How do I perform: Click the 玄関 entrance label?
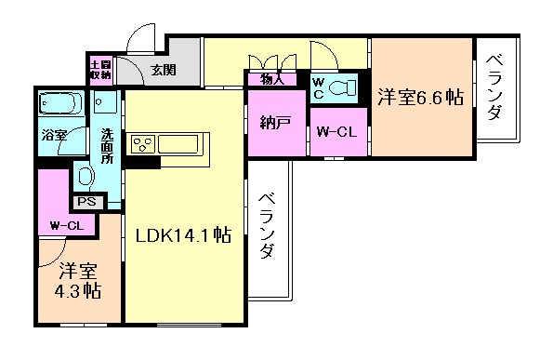click(x=164, y=68)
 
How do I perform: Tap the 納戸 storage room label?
click(x=276, y=122)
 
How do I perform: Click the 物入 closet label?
click(x=273, y=80)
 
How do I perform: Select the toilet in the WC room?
click(x=343, y=88)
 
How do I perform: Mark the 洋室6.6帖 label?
click(x=420, y=95)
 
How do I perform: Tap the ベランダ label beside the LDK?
click(x=268, y=226)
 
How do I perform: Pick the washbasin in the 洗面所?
click(x=84, y=174)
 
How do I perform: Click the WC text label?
click(x=318, y=87)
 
